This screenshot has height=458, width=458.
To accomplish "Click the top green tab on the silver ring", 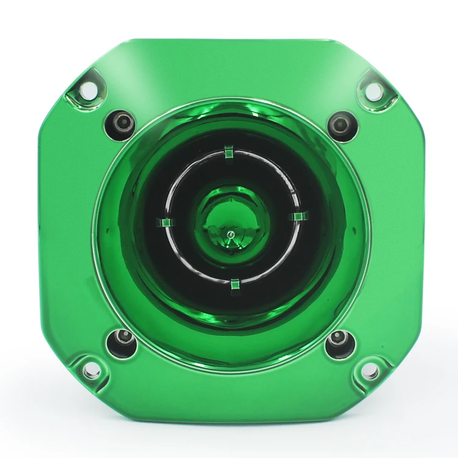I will (229, 151).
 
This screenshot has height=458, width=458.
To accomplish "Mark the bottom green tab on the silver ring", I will (234, 284).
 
